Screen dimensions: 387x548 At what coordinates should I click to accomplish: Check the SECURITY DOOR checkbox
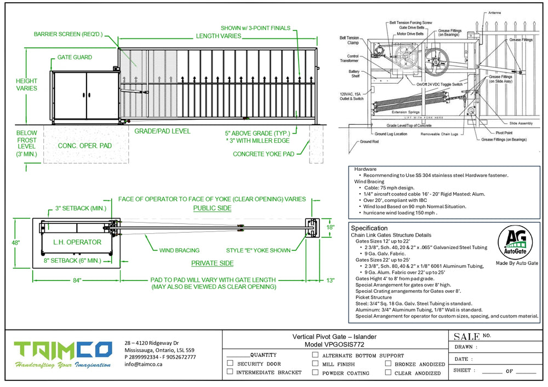pyautogui.click(x=230, y=363)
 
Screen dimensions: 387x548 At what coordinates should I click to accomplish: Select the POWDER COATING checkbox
pyautogui.click(x=315, y=372)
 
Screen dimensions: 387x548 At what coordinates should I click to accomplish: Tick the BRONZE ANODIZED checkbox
pyautogui.click(x=388, y=363)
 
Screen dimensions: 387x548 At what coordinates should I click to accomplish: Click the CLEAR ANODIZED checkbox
pyautogui.click(x=388, y=373)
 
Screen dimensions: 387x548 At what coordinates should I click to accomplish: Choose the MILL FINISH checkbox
pyautogui.click(x=315, y=363)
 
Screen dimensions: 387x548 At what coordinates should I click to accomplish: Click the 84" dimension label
pyautogui.click(x=77, y=280)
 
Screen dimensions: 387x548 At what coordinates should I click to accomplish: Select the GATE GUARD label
pyautogui.click(x=75, y=57)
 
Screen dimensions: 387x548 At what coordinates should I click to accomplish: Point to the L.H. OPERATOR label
pyautogui.click(x=77, y=242)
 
